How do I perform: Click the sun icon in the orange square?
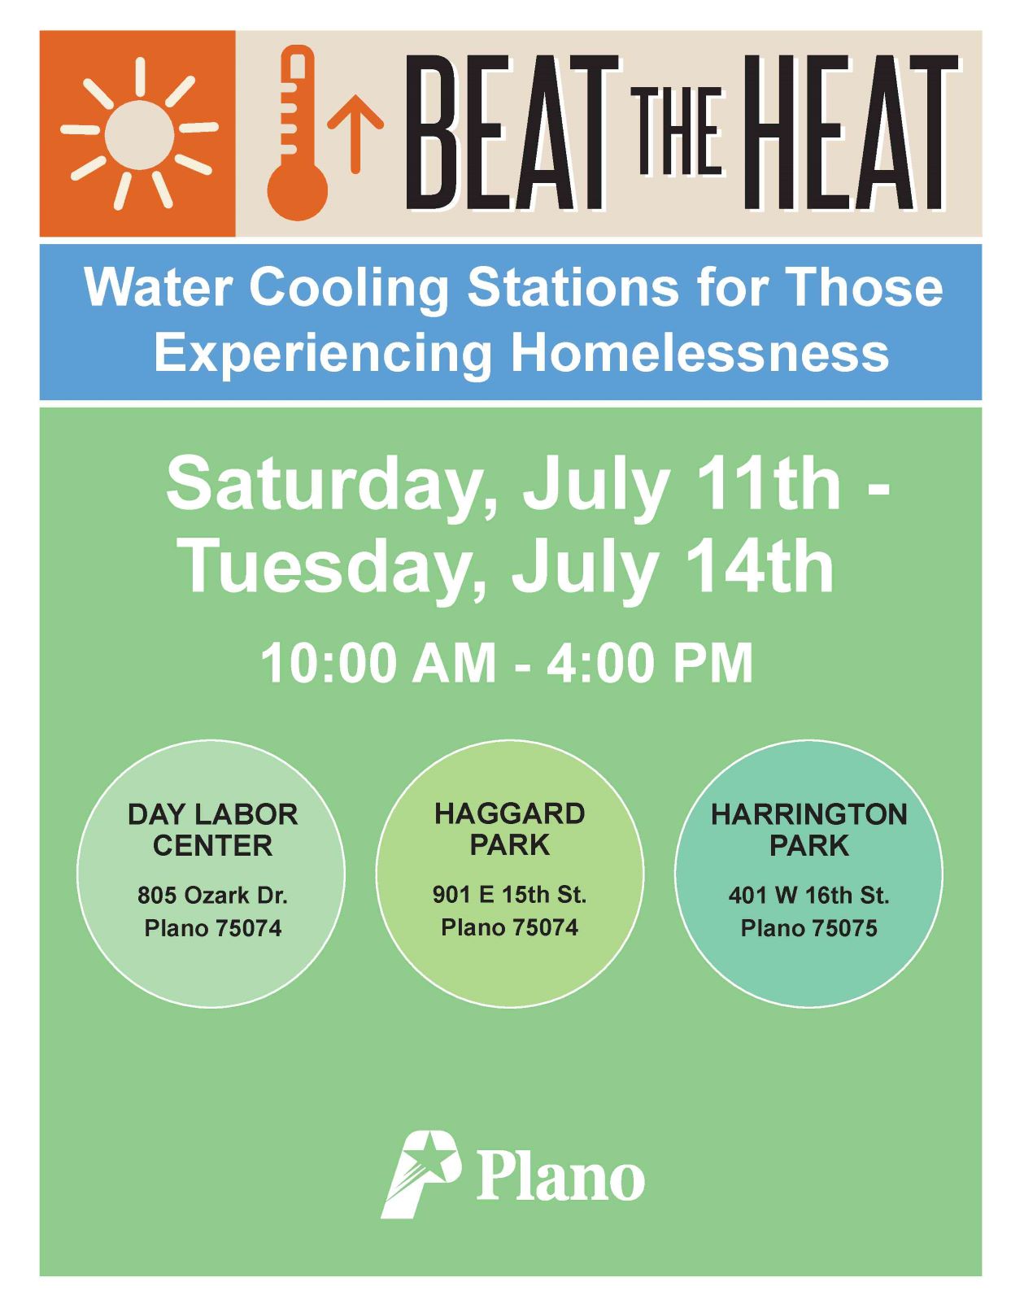point(139,133)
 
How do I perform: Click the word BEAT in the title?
point(512,133)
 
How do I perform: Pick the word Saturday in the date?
point(332,485)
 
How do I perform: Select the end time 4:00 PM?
point(649,664)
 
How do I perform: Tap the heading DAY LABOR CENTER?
point(212,830)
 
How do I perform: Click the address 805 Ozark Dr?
point(212,896)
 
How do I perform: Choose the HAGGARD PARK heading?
point(510,830)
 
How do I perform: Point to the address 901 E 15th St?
point(509,895)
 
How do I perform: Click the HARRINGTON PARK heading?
point(808,830)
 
